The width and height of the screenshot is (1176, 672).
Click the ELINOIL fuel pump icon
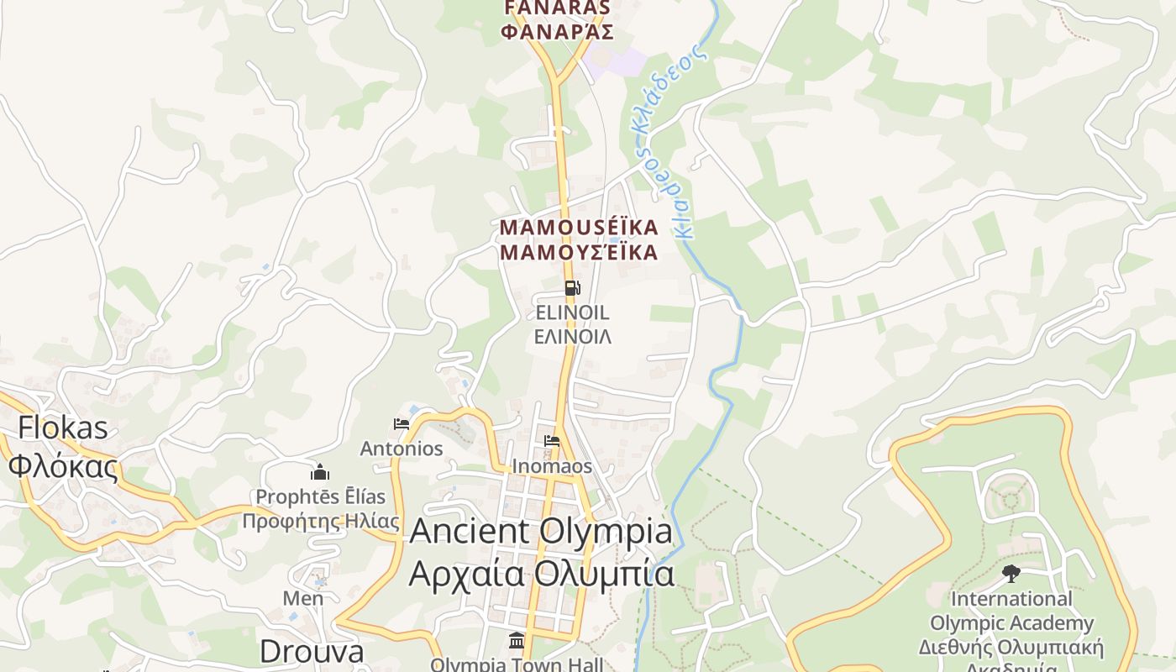(572, 289)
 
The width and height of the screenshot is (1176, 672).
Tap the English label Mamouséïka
(578, 228)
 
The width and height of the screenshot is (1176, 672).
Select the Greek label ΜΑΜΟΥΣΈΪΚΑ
(578, 252)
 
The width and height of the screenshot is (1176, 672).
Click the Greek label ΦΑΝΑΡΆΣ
(556, 33)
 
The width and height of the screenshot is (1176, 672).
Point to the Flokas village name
(63, 428)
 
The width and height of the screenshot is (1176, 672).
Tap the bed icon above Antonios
(402, 424)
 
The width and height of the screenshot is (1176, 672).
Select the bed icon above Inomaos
(552, 441)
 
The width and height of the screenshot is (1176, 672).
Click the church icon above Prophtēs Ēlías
(319, 472)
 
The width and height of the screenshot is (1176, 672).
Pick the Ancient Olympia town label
(541, 532)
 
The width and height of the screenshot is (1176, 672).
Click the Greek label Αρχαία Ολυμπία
(541, 574)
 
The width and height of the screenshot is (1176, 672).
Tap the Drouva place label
(311, 651)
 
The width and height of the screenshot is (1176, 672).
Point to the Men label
(303, 598)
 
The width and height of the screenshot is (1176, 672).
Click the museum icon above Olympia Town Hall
(517, 642)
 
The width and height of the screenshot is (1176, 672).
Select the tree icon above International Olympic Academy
(1011, 575)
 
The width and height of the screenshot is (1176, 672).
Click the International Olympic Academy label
(1011, 612)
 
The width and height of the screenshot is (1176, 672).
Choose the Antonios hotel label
(402, 449)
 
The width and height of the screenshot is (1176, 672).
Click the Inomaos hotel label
(552, 466)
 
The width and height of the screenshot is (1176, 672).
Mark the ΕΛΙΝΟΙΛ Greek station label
(573, 337)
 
